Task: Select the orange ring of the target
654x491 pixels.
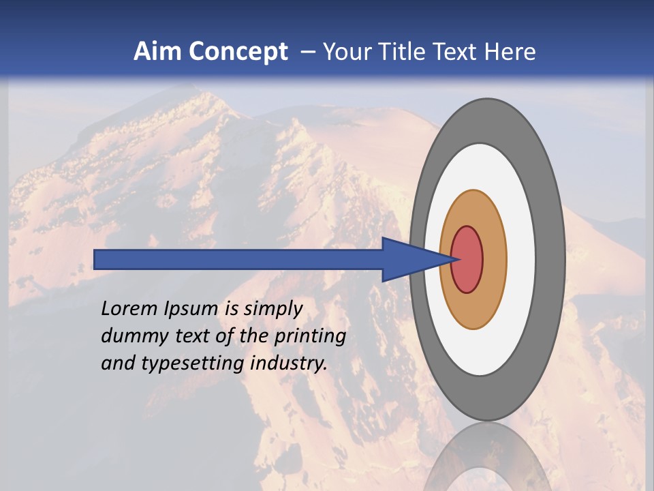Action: click(x=495, y=259)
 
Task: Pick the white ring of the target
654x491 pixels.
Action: click(x=521, y=259)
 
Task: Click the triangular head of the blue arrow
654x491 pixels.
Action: click(x=409, y=259)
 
